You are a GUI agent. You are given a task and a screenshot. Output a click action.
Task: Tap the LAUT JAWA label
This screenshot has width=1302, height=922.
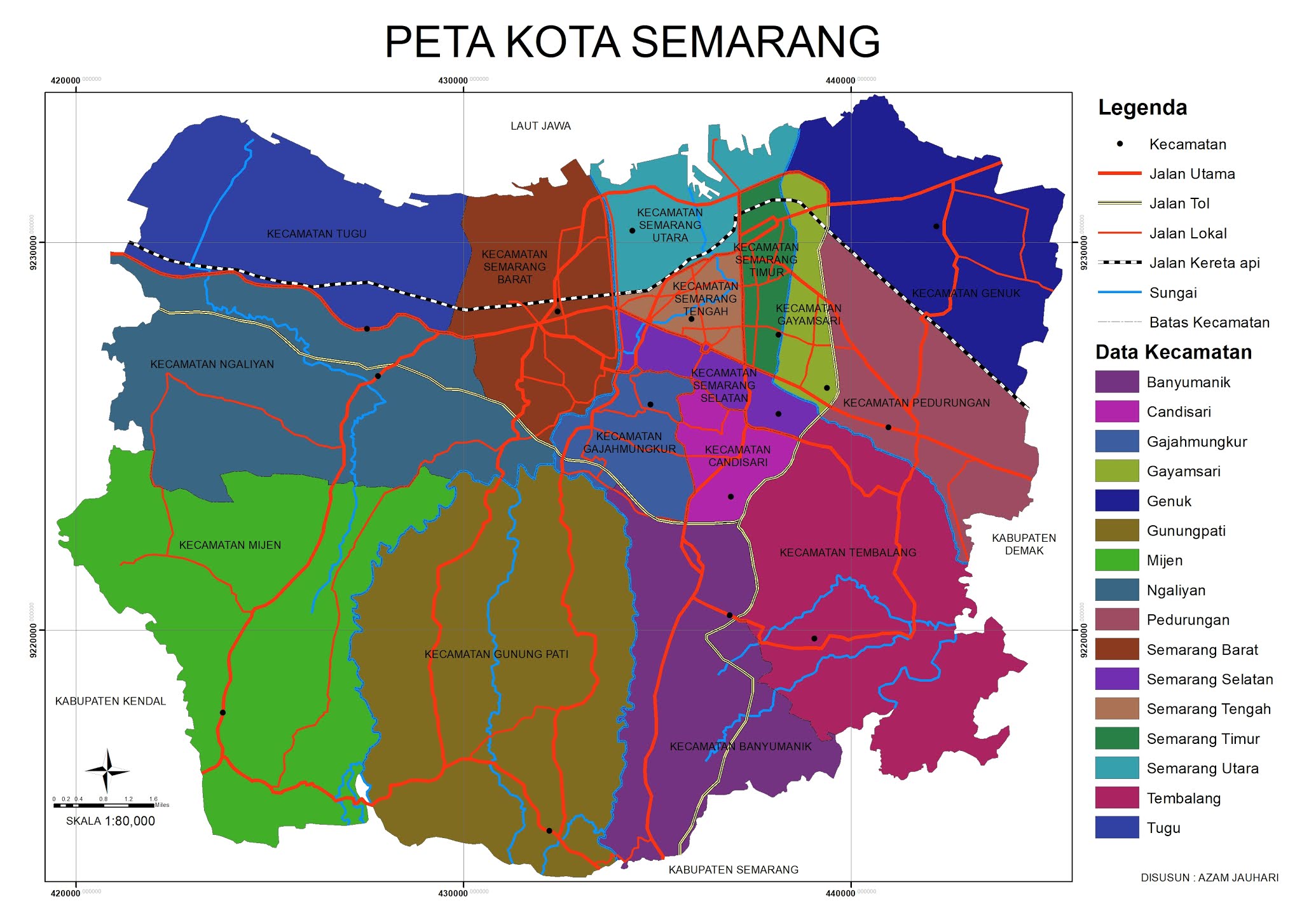[540, 126]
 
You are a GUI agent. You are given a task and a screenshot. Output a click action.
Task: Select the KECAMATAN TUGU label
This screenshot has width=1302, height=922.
[316, 234]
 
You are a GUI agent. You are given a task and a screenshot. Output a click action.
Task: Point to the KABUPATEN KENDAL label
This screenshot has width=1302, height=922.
[110, 701]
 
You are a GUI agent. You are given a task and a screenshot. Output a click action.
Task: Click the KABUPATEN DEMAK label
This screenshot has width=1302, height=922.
[1024, 544]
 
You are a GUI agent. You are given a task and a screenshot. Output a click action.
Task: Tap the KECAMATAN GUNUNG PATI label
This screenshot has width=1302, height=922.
[496, 654]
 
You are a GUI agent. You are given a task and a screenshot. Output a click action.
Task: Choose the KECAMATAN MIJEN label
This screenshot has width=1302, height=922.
[230, 546]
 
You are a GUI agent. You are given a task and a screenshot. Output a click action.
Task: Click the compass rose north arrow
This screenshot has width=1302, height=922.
[107, 771]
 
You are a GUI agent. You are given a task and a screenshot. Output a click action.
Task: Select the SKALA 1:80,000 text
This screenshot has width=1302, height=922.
[111, 821]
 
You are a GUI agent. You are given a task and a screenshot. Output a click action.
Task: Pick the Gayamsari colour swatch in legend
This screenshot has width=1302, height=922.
[1116, 471]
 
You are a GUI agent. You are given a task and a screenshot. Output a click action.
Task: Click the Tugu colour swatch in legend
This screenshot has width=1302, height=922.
[1116, 828]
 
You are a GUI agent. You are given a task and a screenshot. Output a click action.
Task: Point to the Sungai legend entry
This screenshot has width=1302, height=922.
[1172, 293]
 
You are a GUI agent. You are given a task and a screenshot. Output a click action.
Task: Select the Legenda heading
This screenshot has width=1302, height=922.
[1142, 107]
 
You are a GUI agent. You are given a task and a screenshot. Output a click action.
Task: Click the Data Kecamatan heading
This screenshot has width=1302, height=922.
[1173, 352]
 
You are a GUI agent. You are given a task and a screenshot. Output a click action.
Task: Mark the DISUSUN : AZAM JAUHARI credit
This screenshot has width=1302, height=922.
[1209, 877]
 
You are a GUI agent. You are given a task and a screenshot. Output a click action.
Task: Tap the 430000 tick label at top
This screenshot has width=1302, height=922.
[453, 81]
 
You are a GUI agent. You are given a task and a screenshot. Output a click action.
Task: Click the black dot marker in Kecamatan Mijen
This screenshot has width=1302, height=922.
[223, 712]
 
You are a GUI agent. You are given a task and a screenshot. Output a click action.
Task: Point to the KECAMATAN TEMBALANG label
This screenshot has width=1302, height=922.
[847, 553]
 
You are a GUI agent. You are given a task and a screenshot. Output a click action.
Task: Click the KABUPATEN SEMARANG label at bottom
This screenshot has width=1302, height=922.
[733, 870]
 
